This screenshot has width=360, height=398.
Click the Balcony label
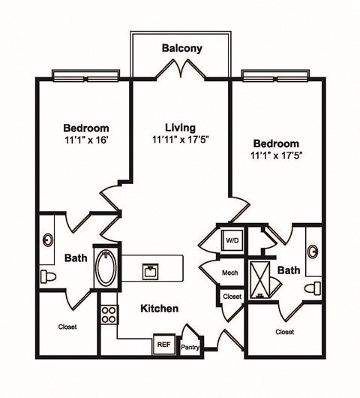click(181, 48)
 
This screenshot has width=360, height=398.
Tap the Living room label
click(181, 126)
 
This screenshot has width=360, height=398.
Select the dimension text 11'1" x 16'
click(85, 139)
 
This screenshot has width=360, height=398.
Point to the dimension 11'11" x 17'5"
click(181, 139)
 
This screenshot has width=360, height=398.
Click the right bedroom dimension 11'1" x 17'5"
click(276, 155)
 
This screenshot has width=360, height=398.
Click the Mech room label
click(230, 273)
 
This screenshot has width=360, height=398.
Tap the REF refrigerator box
click(163, 344)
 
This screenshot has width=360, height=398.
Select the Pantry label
click(189, 347)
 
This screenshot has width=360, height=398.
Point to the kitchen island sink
click(152, 268)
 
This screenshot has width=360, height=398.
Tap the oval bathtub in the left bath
click(103, 267)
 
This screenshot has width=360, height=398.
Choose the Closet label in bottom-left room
click(68, 327)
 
